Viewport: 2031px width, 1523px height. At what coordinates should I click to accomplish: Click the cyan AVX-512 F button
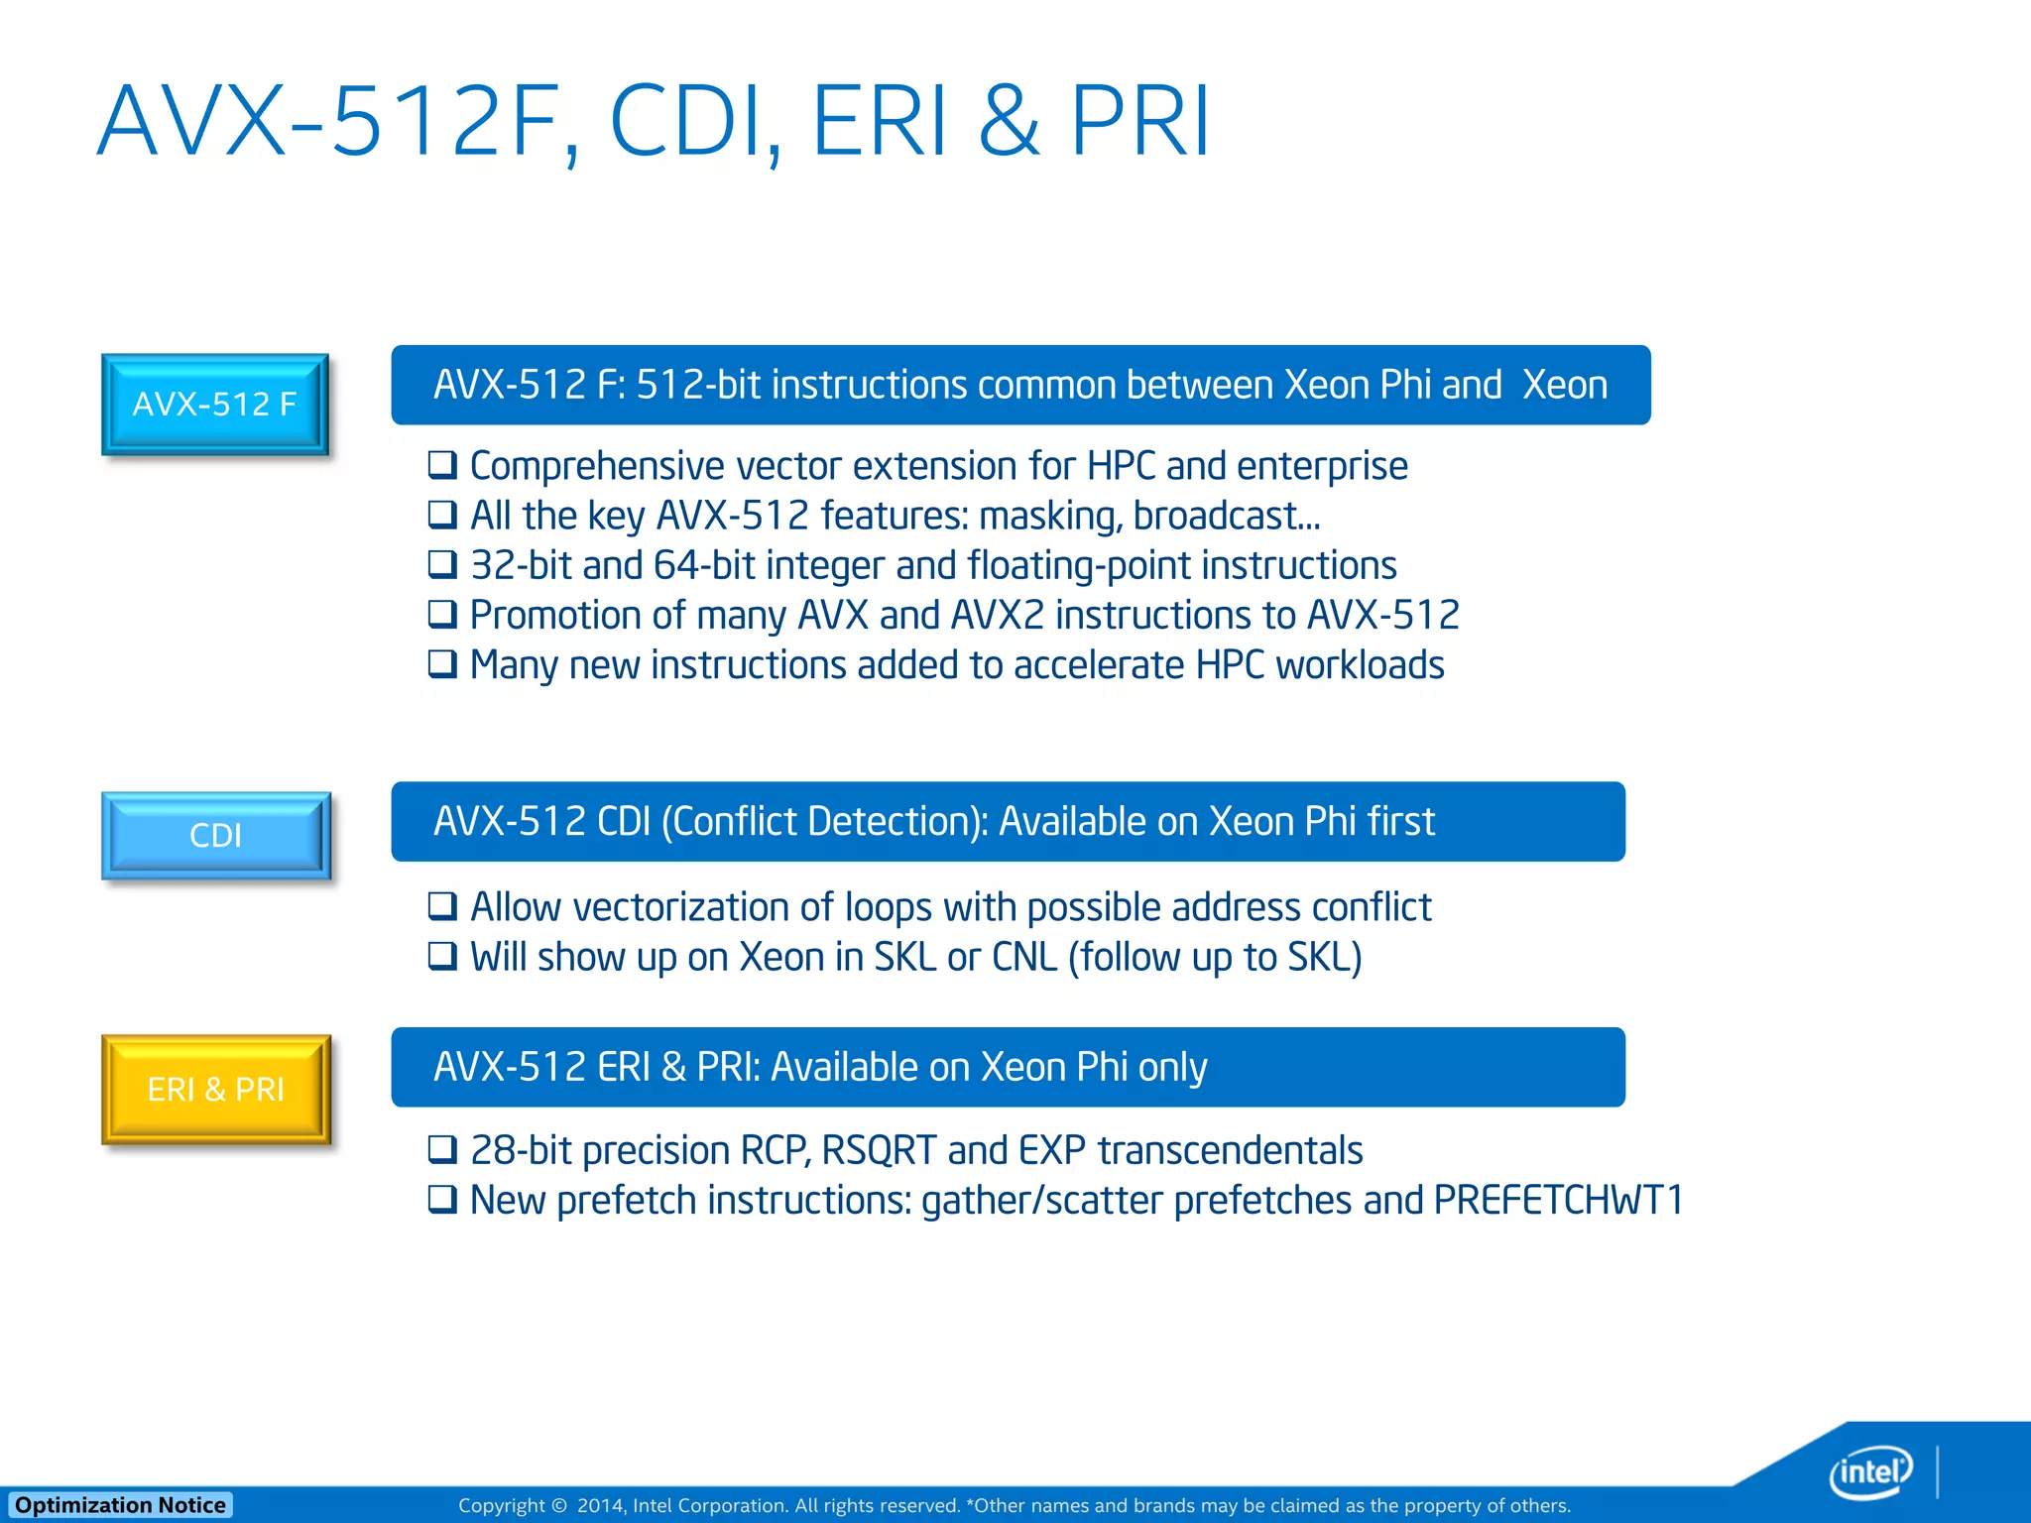coord(215,404)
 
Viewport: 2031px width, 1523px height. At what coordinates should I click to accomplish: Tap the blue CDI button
coord(215,835)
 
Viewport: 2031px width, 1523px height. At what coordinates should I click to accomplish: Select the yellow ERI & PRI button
coord(215,1089)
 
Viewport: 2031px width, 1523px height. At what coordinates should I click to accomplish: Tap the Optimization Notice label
coord(120,1505)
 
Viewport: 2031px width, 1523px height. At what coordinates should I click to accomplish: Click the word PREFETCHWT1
coord(1558,1200)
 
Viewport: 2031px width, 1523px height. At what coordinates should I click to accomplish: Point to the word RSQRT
coord(879,1150)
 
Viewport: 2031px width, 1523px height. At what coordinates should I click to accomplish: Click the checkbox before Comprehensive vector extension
coord(442,464)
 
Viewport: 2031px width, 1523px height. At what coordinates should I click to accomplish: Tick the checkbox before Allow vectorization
coord(442,905)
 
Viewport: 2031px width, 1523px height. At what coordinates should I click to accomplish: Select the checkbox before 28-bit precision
coord(442,1149)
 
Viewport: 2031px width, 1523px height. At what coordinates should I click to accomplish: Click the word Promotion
coord(576,615)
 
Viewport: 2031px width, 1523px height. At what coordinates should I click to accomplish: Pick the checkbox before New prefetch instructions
coord(442,1199)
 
